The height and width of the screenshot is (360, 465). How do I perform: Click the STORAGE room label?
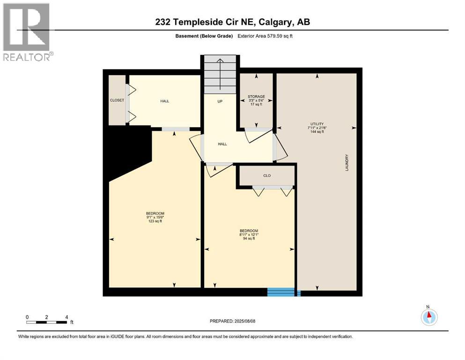click(256, 97)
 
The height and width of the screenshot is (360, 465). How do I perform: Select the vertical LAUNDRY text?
click(347, 162)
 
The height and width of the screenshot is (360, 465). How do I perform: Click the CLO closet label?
click(266, 176)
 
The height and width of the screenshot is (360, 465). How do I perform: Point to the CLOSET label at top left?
click(117, 100)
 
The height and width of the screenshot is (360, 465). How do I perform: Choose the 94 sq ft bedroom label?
click(248, 234)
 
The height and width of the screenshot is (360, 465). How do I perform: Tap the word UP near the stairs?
click(219, 101)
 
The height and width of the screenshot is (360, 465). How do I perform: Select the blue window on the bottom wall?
click(283, 292)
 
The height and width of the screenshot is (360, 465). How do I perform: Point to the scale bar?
click(47, 322)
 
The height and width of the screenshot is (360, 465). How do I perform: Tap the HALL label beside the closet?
click(164, 101)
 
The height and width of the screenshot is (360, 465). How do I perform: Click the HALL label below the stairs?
click(222, 144)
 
